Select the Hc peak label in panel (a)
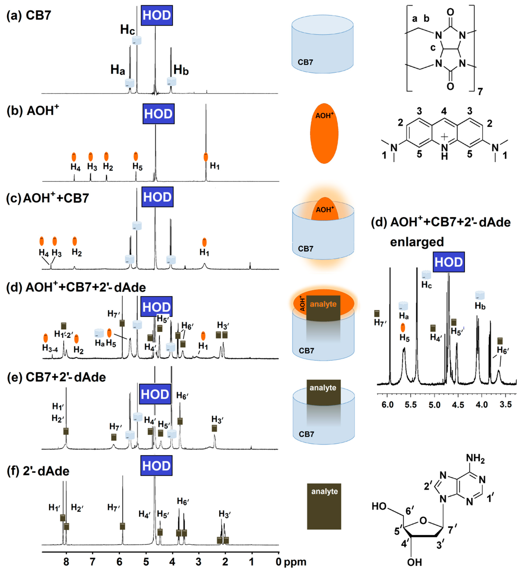[x=127, y=30]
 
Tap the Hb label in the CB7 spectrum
[x=181, y=70]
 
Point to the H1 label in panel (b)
[x=215, y=166]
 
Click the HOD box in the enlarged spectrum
[x=449, y=262]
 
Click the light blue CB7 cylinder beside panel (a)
[x=322, y=44]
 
